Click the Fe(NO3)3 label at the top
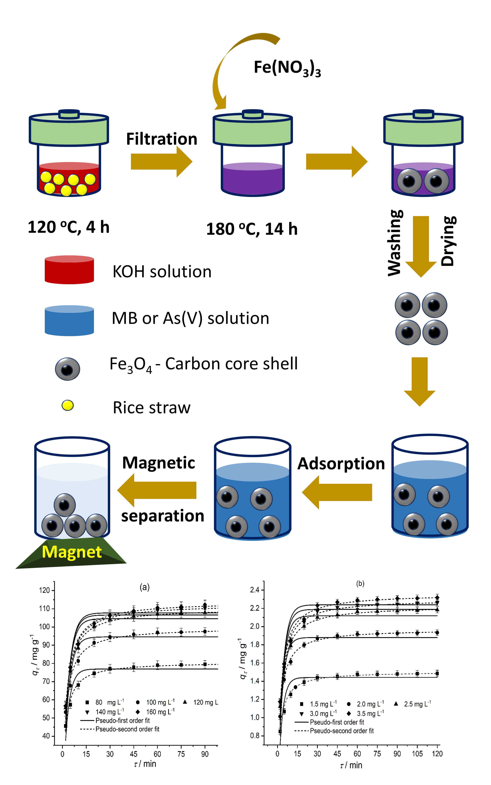point(287,68)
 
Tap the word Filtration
point(161,139)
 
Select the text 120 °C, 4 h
point(69,227)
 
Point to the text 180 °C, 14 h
point(252,229)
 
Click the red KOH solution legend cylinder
point(69,270)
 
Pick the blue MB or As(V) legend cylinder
point(69,320)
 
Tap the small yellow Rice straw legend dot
point(67,405)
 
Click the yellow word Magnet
point(72,552)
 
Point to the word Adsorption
point(341,464)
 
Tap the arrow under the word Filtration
point(161,161)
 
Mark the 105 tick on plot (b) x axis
point(417,753)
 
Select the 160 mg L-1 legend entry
point(156,712)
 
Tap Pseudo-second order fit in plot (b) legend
point(342,731)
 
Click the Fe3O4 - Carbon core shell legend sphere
point(67,369)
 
